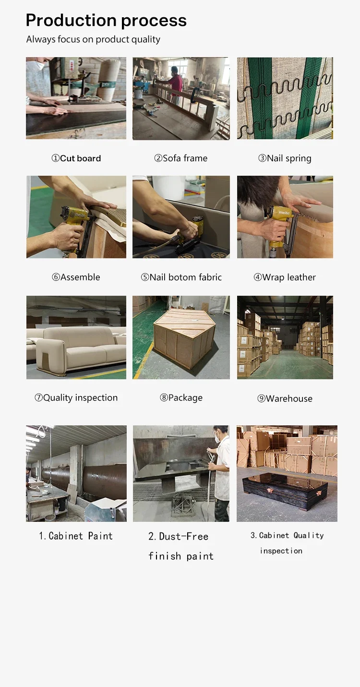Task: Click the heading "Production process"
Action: coord(106,21)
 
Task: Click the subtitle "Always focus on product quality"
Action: coord(93,39)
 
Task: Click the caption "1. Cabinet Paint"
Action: coord(76,536)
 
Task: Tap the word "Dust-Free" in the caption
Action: coord(184,536)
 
